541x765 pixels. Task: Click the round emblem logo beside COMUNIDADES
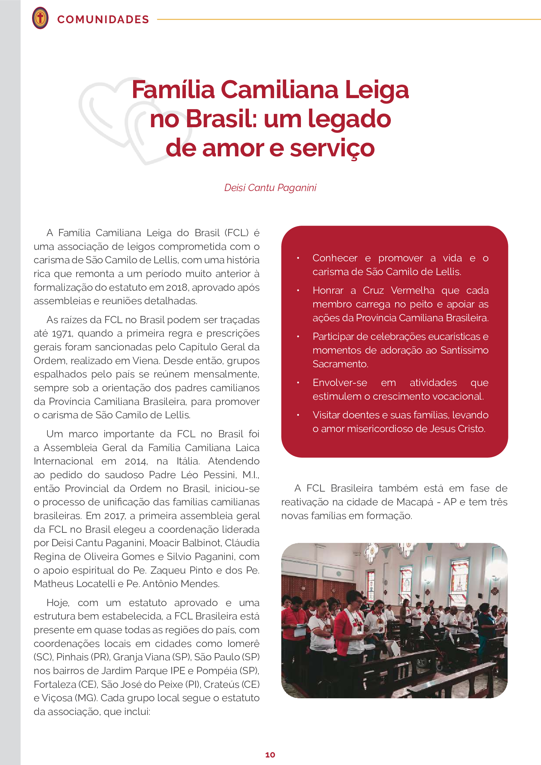point(40,18)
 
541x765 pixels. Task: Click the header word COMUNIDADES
point(103,19)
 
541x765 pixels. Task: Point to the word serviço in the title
point(332,148)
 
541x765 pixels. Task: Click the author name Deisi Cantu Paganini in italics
point(270,188)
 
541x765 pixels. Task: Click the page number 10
point(270,755)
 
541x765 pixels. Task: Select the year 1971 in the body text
point(62,333)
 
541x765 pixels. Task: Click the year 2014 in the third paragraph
point(136,461)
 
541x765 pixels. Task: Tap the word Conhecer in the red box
point(335,258)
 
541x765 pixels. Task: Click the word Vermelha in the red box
point(412,290)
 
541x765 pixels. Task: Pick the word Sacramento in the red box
point(340,364)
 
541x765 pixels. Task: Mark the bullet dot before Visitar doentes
point(298,415)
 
